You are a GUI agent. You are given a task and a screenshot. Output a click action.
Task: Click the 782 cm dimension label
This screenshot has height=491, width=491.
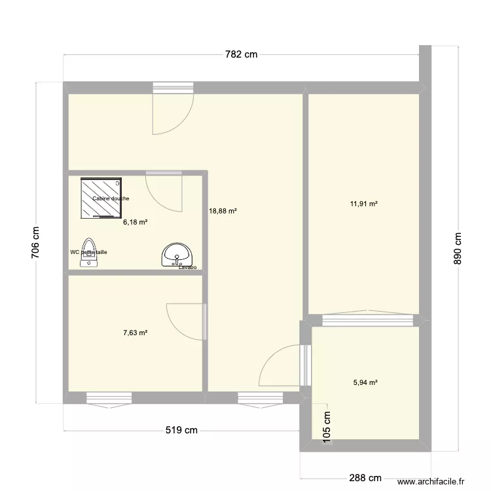coord(242,55)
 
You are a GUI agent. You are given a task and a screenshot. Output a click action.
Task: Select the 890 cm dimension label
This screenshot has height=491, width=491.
coord(458,249)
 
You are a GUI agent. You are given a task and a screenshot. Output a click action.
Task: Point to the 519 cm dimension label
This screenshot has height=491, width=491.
coord(181,431)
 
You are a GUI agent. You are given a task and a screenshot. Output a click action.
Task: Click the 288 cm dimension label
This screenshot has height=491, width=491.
coord(365,479)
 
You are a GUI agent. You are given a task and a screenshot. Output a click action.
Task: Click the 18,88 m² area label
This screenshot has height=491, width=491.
coord(223,211)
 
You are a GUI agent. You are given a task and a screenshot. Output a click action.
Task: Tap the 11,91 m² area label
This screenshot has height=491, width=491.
coord(364,204)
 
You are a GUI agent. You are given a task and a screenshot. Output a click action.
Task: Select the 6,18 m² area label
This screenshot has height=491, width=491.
coord(135,223)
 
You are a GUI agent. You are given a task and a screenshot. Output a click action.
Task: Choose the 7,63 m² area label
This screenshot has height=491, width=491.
coord(135,333)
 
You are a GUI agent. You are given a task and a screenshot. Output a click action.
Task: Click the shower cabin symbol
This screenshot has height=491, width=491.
coord(101,197)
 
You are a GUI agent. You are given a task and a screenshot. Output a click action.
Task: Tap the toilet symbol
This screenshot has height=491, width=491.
coord(89,253)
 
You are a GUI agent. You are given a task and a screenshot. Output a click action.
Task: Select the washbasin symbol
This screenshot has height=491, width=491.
coord(177,254)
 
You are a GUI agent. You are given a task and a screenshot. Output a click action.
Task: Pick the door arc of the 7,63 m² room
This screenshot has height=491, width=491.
coord(186,321)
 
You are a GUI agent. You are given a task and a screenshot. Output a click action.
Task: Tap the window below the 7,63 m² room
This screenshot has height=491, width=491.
coord(108,397)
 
